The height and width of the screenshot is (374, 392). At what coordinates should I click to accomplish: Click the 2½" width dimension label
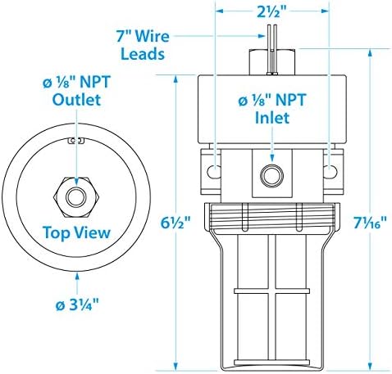point(272,11)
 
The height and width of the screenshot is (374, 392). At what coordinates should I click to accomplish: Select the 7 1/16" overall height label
point(371,223)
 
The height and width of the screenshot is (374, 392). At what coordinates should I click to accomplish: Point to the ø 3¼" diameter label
point(77,304)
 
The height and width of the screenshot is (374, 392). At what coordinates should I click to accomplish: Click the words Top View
point(76,232)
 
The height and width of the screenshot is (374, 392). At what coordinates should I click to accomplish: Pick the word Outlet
point(76,100)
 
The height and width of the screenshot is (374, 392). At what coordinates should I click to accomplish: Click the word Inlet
point(272,118)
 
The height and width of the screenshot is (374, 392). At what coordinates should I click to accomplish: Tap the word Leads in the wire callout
point(143,54)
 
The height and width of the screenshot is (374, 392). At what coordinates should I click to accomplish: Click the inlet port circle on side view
point(271,175)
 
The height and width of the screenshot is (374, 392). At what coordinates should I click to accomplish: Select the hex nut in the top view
point(76,197)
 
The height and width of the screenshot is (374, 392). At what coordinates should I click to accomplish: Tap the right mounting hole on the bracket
point(330,171)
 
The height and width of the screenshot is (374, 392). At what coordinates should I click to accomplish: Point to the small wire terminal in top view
point(76,141)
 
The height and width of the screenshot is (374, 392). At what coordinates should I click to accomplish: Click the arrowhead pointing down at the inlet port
point(271,158)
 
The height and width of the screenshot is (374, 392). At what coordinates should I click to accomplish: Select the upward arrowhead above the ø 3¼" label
point(77,277)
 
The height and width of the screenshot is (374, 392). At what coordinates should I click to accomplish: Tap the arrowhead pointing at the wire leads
point(261,36)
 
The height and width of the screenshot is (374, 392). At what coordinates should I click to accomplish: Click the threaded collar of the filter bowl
point(272,217)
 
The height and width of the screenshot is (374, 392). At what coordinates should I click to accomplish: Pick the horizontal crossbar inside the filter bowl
point(272,291)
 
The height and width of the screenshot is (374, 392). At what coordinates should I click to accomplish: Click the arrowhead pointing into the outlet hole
point(76,182)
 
